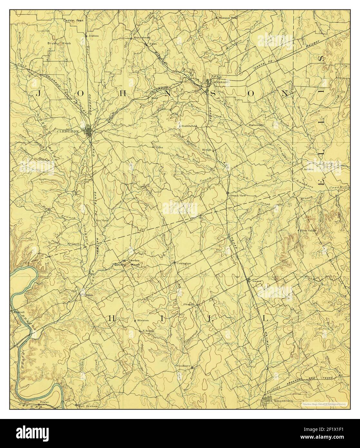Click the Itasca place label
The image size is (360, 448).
257,281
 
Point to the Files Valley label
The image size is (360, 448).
308,231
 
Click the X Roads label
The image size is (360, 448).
148,331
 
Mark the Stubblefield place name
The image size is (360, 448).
189,126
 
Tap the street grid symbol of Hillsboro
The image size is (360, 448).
267,401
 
